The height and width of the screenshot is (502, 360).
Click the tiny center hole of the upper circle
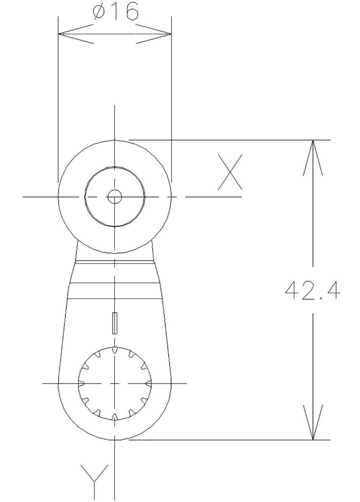tap(115, 197)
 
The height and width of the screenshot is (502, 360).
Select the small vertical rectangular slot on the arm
tap(115, 323)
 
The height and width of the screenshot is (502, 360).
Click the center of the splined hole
tap(115, 383)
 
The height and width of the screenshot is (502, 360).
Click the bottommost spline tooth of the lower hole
tap(115, 417)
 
